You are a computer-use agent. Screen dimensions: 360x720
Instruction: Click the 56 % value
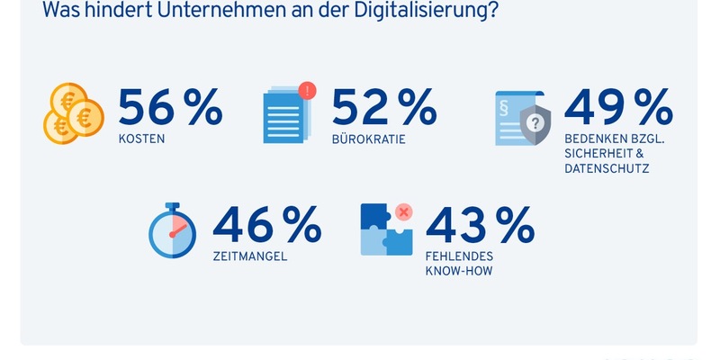(170, 108)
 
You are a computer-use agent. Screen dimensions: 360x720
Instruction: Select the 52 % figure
(383, 108)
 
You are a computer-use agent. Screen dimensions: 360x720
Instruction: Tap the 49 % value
(618, 108)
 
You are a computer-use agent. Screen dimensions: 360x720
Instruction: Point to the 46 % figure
(265, 225)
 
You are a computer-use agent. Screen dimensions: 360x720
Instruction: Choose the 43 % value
(479, 225)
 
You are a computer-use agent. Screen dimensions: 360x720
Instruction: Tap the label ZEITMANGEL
(249, 256)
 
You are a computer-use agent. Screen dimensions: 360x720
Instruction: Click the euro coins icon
(74, 115)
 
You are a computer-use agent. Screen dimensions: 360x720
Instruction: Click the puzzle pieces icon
(386, 230)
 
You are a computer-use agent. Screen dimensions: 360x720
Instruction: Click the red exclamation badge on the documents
(308, 90)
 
